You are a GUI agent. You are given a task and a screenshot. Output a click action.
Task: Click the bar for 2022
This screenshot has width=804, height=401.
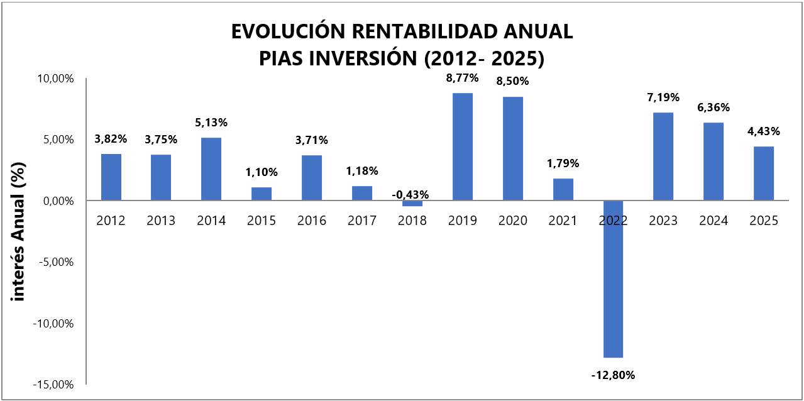tap(613, 279)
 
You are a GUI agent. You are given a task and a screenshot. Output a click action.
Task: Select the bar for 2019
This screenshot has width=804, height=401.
tap(463, 147)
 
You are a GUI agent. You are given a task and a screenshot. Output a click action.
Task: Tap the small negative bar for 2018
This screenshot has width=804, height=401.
tap(412, 204)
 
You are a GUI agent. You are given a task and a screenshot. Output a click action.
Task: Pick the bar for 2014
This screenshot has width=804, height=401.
tap(211, 169)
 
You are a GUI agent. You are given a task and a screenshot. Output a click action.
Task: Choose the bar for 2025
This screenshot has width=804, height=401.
tap(764, 173)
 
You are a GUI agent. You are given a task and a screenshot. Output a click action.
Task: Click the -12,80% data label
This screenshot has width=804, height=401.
tap(613, 375)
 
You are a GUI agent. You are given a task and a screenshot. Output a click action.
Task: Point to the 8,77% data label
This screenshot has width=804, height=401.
tap(463, 79)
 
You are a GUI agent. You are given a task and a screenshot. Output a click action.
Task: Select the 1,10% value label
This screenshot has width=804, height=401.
tap(262, 172)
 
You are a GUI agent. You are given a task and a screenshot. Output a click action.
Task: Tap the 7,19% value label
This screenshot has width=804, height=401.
tap(663, 97)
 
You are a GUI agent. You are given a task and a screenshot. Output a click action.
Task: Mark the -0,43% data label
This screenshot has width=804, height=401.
tap(412, 195)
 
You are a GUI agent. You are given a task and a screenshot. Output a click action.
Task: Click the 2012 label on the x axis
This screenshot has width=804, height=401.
tap(111, 221)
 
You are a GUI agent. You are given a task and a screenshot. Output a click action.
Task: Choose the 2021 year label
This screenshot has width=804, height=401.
tap(563, 221)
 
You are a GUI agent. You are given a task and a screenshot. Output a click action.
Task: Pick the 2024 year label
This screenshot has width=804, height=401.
tap(713, 221)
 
